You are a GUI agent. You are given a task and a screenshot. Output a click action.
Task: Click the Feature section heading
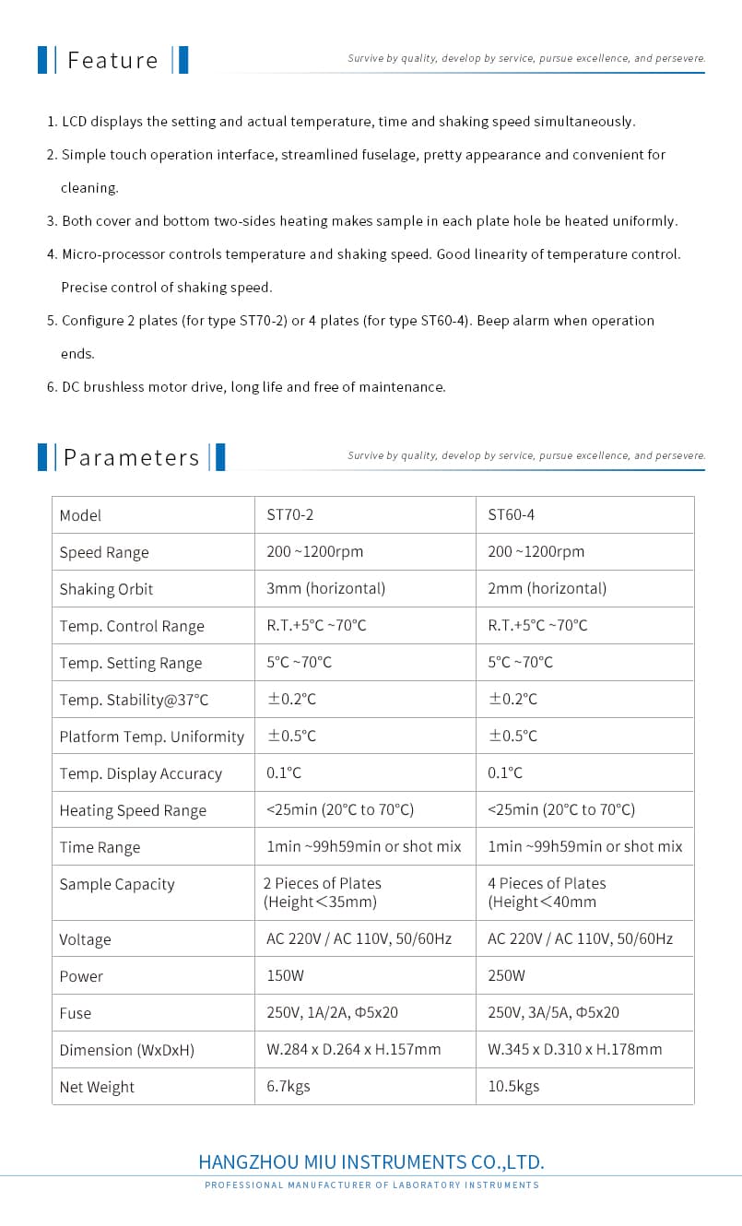(x=112, y=61)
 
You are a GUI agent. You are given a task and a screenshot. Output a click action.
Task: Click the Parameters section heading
(x=131, y=458)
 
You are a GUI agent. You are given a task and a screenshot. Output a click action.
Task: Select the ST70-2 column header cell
(x=283, y=515)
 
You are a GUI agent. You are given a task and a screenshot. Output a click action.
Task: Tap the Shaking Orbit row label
(x=106, y=589)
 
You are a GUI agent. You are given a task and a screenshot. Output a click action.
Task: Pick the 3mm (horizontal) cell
(x=325, y=589)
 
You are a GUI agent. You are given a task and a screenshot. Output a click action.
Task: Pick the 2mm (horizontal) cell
(x=547, y=589)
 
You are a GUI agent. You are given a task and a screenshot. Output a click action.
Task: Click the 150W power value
(x=285, y=976)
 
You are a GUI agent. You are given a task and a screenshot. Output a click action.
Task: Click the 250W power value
(x=506, y=976)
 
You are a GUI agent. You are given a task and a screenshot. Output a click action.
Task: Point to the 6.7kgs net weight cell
(x=288, y=1087)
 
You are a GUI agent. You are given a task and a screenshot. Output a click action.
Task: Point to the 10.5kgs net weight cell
(x=513, y=1087)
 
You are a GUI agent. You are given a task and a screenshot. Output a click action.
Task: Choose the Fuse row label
(x=76, y=1013)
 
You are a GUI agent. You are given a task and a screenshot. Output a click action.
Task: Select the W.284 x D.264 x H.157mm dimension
(x=353, y=1050)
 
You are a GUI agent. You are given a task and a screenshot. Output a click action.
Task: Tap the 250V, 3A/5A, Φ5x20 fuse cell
(x=553, y=1013)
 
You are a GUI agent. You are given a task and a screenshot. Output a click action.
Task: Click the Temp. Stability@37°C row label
(x=134, y=700)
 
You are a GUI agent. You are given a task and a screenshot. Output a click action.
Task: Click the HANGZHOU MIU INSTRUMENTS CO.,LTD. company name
(x=371, y=1161)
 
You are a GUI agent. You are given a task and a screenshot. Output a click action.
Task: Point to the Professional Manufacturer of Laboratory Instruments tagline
(x=371, y=1185)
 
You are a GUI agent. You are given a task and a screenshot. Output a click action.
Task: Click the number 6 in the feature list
(x=51, y=387)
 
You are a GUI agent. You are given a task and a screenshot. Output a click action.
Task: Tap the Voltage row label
(x=85, y=939)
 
